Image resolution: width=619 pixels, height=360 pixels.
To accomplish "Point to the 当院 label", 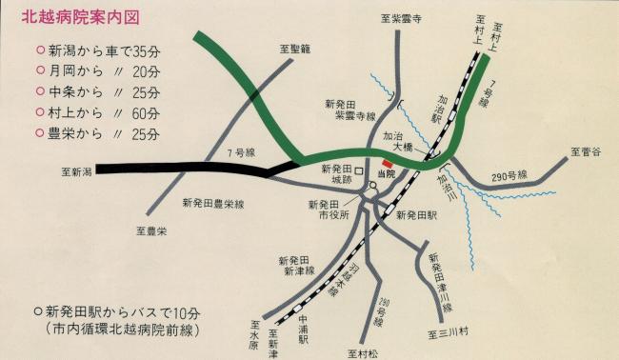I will pos(386,174).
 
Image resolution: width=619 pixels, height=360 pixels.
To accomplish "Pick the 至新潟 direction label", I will pos(76,172).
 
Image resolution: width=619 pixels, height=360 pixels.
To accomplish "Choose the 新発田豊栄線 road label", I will pos(213,204).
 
